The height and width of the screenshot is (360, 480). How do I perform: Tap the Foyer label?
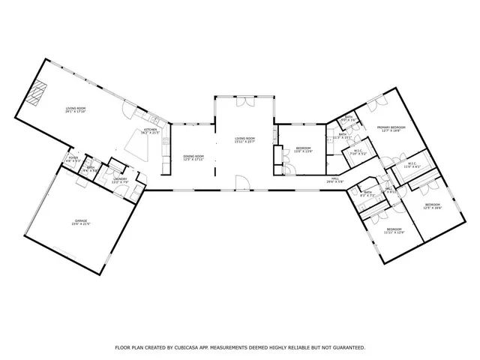73,159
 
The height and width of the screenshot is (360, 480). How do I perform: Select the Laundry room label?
120,180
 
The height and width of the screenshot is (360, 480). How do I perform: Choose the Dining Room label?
193,157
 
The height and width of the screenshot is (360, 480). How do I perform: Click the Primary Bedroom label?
391,128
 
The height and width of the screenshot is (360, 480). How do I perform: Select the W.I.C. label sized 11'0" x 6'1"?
412,165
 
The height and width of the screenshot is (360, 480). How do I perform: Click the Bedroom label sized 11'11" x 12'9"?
394,229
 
